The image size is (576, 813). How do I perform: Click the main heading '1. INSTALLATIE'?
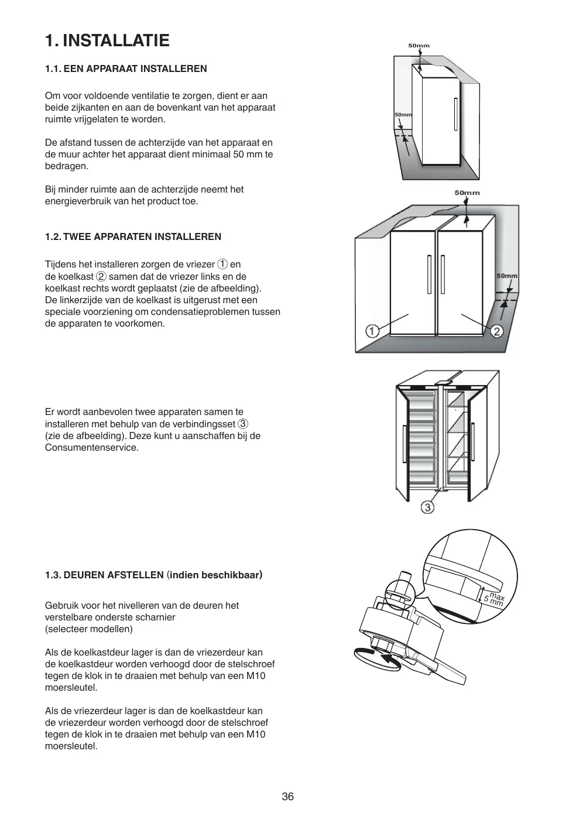[x=107, y=40]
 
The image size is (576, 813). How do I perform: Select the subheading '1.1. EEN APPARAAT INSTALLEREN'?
[x=126, y=68]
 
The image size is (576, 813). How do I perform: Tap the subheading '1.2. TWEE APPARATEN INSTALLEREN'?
[x=133, y=236]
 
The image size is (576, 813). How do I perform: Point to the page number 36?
[x=287, y=796]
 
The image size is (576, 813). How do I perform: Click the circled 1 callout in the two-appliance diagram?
[x=372, y=331]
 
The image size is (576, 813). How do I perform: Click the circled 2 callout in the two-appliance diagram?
[x=496, y=331]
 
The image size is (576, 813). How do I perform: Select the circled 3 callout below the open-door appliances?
[x=428, y=507]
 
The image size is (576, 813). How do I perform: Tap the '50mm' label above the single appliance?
[x=419, y=46]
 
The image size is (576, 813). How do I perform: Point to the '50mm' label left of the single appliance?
[x=403, y=115]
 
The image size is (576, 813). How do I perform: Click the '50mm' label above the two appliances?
[x=467, y=193]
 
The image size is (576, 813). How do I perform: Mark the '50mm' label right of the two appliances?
[x=507, y=276]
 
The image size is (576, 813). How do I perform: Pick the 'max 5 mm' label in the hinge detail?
[x=493, y=598]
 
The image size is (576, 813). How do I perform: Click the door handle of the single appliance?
[x=455, y=115]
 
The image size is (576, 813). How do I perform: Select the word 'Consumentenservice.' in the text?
[x=92, y=448]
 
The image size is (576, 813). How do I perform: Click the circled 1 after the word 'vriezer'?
[x=222, y=265]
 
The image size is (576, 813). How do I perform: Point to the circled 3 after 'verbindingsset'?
[x=243, y=424]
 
